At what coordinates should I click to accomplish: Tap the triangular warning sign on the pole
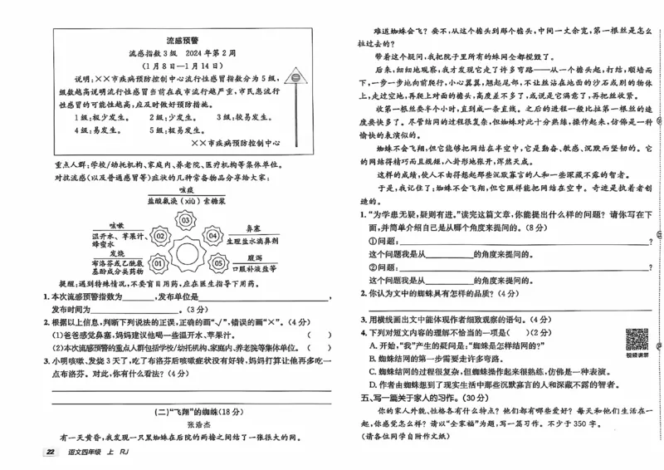(295, 76)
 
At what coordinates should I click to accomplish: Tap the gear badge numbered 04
(212, 237)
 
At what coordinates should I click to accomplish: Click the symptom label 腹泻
(253, 257)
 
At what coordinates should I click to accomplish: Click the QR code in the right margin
(637, 340)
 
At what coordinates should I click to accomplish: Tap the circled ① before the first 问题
(371, 242)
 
